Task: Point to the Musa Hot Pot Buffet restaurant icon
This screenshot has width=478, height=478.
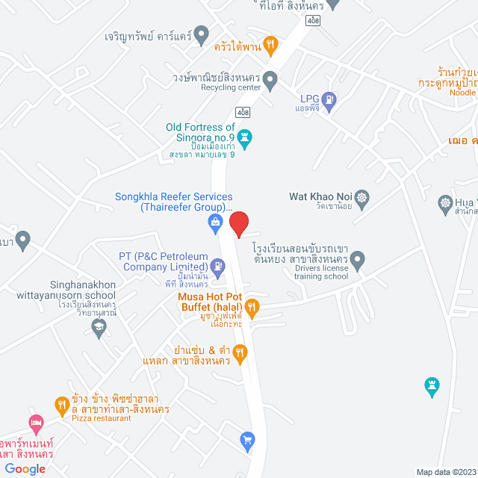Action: pyautogui.click(x=252, y=305)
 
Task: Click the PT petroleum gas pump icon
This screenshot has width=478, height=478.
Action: pyautogui.click(x=217, y=265)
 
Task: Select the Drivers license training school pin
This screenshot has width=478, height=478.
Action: pyautogui.click(x=358, y=261)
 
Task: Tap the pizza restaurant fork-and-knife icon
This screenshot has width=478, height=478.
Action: pyautogui.click(x=62, y=405)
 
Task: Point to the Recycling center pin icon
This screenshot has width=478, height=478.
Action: pyautogui.click(x=270, y=78)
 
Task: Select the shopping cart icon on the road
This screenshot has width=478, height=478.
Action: pyautogui.click(x=248, y=441)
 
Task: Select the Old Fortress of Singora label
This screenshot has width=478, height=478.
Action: pyautogui.click(x=201, y=132)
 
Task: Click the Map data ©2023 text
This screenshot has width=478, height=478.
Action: pyautogui.click(x=445, y=471)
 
